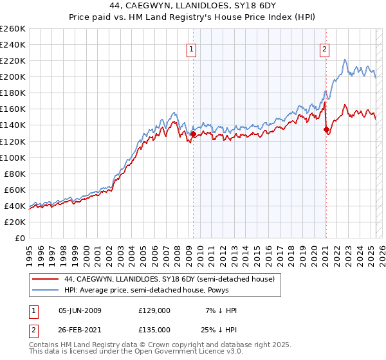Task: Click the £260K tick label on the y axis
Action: pos(13,29)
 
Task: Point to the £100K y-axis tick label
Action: pos(13,157)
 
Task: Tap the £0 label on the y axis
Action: pos(20,238)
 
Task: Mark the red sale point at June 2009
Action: pos(193,134)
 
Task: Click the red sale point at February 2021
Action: pos(326,129)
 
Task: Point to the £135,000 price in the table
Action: pos(154,328)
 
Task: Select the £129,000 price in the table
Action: pos(154,310)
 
